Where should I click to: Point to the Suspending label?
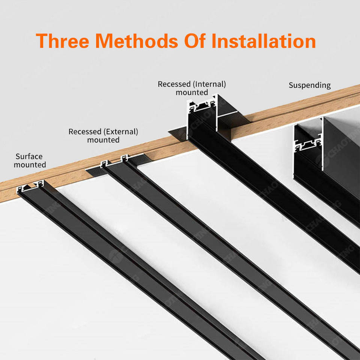[x=310, y=85]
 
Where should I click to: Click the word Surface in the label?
[x=29, y=156]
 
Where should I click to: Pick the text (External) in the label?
[x=121, y=132]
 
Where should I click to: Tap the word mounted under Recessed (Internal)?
[x=192, y=92]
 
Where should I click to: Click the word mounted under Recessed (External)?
[x=103, y=140]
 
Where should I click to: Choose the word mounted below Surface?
[x=30, y=165]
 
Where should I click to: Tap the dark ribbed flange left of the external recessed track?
[x=94, y=171]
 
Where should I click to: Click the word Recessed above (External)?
[x=85, y=132]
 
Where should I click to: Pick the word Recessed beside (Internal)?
[x=174, y=84]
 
